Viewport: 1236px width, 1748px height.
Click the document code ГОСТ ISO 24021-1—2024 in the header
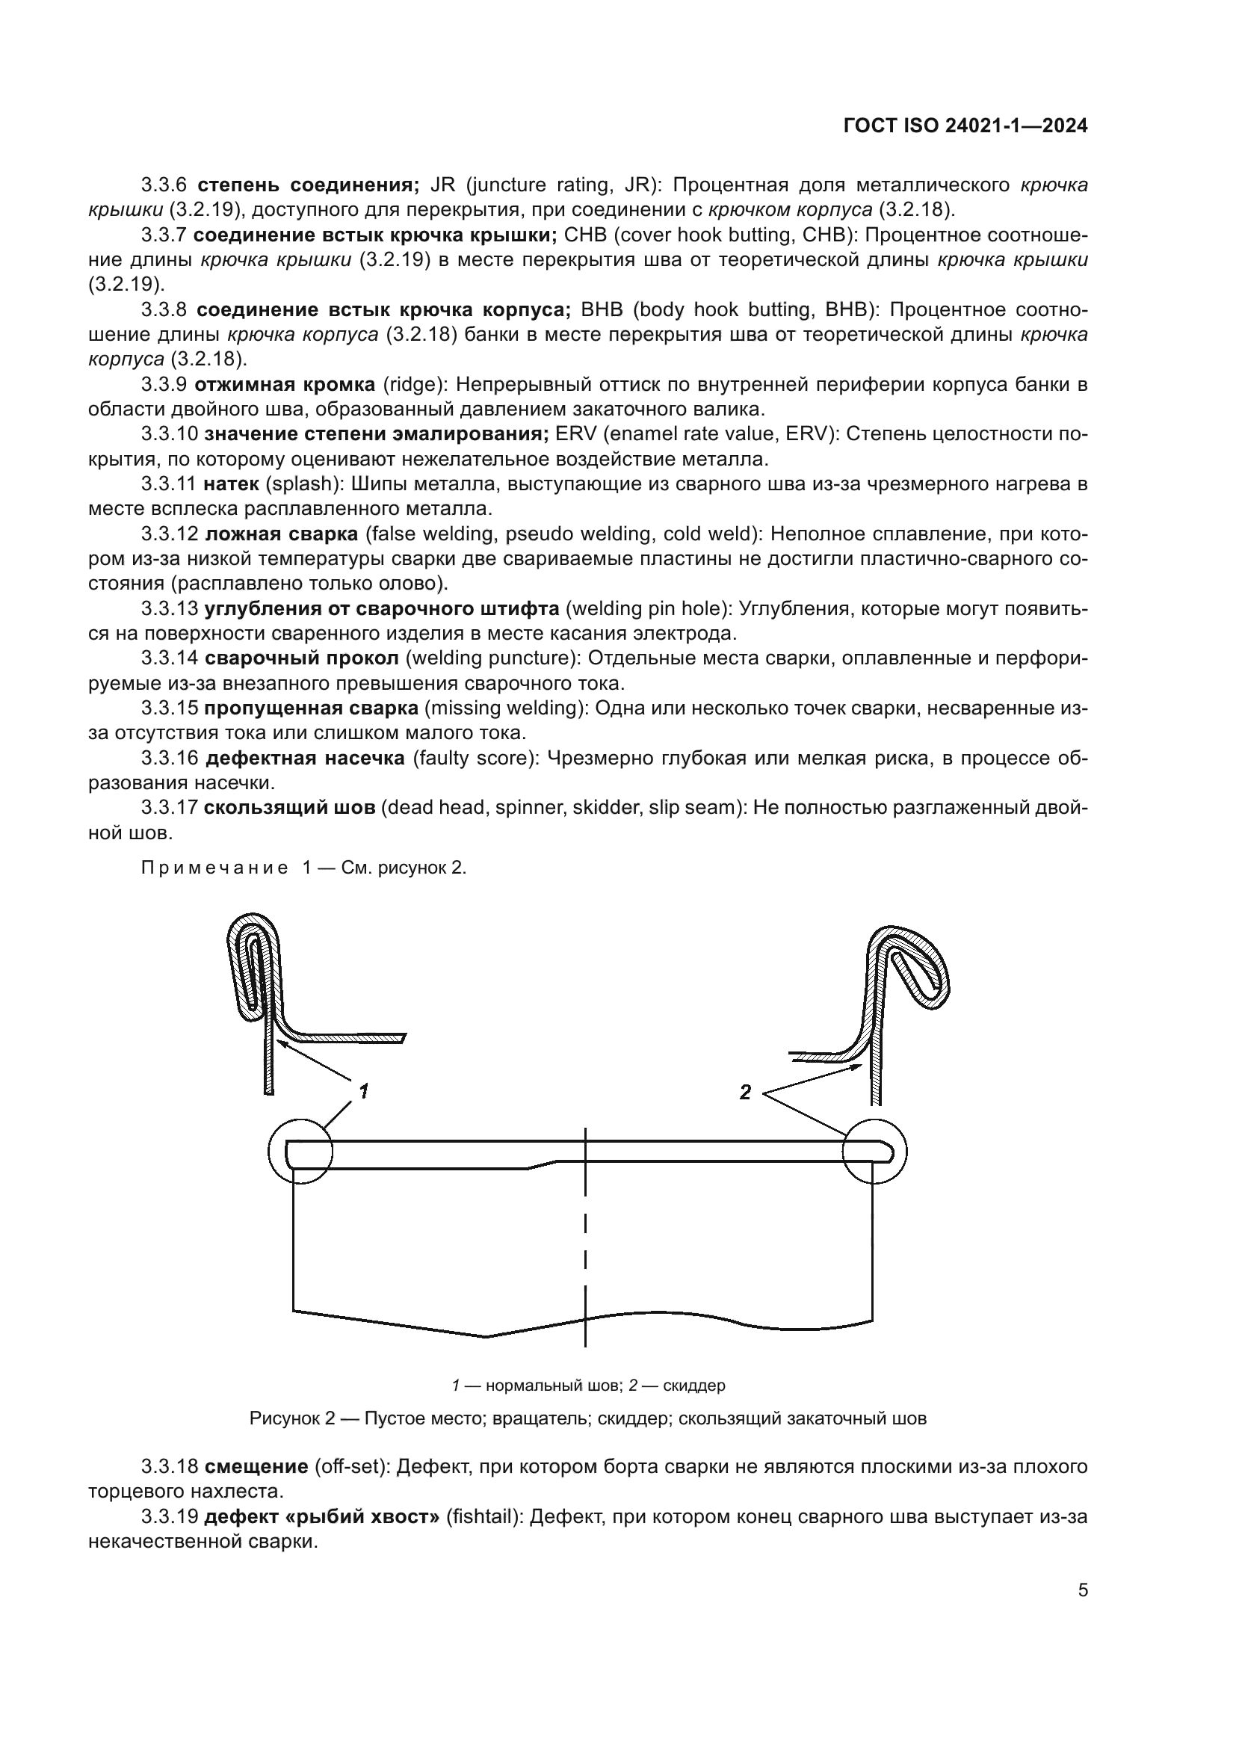tap(965, 126)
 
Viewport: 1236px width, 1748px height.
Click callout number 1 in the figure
tap(364, 1092)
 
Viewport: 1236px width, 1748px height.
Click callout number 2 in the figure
tap(745, 1093)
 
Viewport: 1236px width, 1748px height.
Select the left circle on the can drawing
tap(300, 1151)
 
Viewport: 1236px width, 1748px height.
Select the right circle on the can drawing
tap(874, 1151)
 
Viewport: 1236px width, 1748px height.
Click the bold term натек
tap(232, 484)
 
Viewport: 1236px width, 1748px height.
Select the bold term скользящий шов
tap(289, 808)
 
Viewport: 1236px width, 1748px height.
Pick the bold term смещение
tap(256, 1466)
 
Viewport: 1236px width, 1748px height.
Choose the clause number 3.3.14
tap(169, 658)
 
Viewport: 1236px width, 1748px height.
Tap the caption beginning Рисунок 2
tap(587, 1419)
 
